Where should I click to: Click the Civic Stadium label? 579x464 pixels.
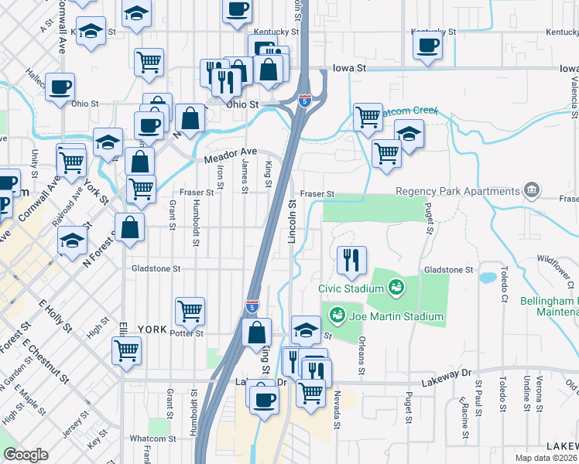tap(351, 288)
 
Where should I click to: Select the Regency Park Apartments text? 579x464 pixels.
tap(457, 191)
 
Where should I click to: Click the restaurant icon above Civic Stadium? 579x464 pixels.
tap(351, 261)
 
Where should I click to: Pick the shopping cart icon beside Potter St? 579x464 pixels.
tap(190, 312)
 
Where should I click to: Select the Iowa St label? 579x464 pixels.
tap(350, 68)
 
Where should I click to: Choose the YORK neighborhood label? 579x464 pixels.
tap(152, 329)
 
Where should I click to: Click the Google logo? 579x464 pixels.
tap(26, 455)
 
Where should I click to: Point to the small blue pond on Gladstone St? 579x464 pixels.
tap(488, 277)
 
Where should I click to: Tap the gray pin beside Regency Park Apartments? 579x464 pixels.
tap(532, 189)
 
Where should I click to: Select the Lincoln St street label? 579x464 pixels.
tap(293, 222)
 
